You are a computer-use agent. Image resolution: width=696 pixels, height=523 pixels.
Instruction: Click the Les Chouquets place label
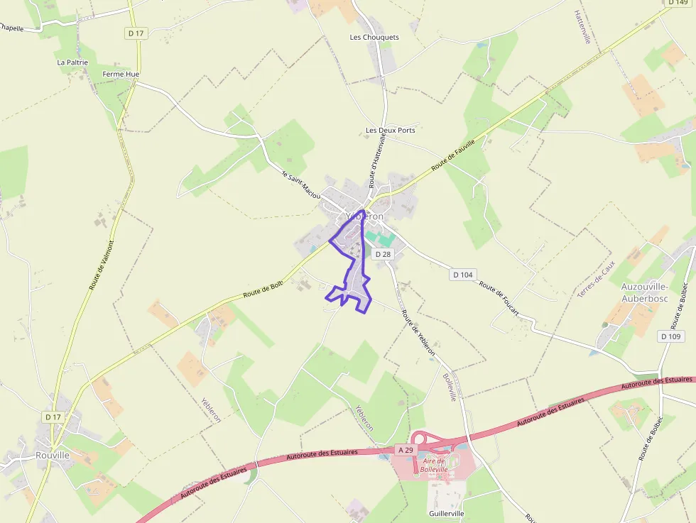(x=374, y=37)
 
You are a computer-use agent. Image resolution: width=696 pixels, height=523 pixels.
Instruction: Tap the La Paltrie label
(x=72, y=62)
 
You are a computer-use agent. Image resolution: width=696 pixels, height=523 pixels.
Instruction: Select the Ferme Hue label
(x=121, y=74)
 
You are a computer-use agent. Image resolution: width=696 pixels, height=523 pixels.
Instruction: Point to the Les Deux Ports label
(x=390, y=131)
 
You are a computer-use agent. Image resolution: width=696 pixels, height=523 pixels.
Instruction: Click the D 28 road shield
(x=383, y=254)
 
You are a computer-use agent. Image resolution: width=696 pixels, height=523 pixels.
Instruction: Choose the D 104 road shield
(x=462, y=274)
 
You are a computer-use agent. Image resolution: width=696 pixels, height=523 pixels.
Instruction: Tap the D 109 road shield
(x=670, y=336)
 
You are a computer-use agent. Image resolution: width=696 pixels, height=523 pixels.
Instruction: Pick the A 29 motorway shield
(x=405, y=450)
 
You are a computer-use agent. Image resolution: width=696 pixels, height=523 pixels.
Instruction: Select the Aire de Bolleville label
(x=434, y=466)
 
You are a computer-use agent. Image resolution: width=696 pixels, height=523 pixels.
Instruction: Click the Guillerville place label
(x=447, y=513)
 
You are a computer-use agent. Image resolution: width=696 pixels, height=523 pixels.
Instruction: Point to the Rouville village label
(x=53, y=455)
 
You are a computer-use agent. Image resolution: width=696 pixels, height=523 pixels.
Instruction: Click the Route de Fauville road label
(x=452, y=155)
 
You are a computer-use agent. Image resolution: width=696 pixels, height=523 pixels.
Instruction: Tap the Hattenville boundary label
(x=582, y=27)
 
